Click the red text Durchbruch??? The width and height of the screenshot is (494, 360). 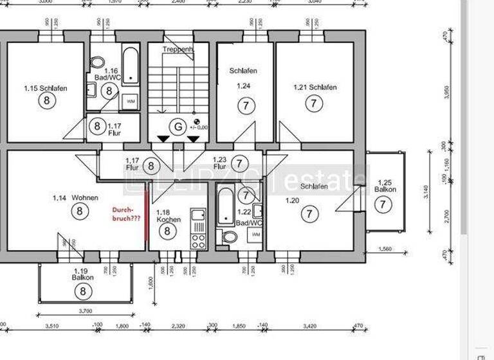click(126, 214)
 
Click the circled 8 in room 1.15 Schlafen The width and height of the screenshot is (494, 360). click(45, 100)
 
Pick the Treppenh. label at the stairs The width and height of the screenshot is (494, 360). click(178, 49)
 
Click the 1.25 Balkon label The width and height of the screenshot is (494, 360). click(385, 186)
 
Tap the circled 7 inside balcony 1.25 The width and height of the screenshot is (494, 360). click(384, 204)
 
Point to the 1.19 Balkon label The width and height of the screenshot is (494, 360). click(84, 274)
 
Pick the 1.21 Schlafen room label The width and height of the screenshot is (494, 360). click(315, 87)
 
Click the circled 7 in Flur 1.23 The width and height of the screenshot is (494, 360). click(239, 164)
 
